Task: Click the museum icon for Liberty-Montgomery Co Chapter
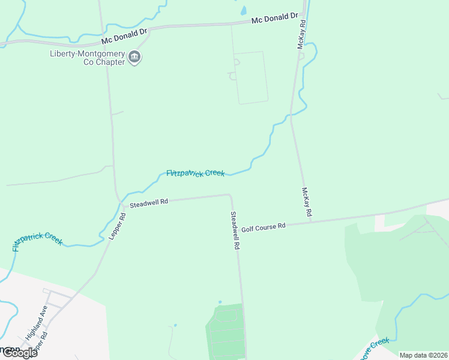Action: pyautogui.click(x=134, y=58)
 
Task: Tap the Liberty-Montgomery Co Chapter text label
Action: pyautogui.click(x=87, y=58)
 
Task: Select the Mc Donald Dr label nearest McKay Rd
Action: pyautogui.click(x=275, y=19)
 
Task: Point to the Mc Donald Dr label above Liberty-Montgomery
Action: pyautogui.click(x=124, y=36)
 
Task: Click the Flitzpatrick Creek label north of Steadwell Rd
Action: pyautogui.click(x=196, y=173)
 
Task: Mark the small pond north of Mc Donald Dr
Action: pyautogui.click(x=243, y=10)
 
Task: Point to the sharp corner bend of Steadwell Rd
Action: pyautogui.click(x=230, y=195)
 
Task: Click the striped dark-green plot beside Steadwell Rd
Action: pyautogui.click(x=226, y=332)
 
